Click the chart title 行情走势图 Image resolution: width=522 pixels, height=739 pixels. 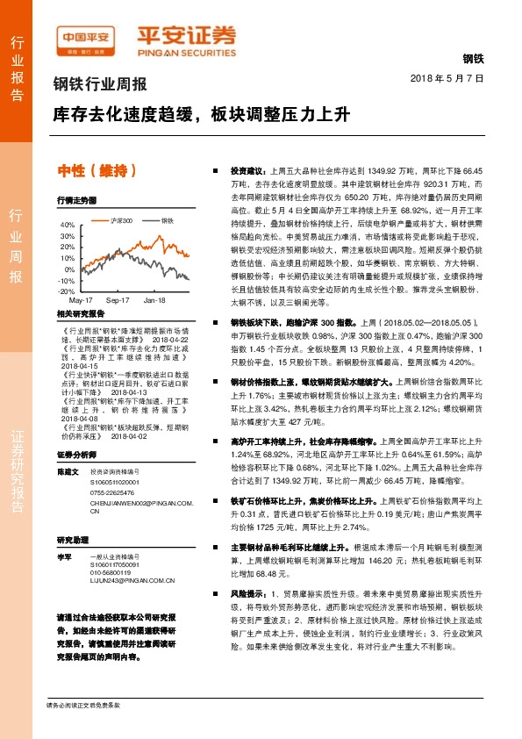pos(75,201)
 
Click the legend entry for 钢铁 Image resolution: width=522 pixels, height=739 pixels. pos(166,220)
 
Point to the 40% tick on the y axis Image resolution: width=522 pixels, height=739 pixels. pos(67,225)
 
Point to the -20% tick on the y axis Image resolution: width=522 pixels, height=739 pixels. pos(66,291)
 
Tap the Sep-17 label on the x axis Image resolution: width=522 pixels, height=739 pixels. pos(118,300)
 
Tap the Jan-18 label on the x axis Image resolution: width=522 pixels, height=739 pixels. pos(155,300)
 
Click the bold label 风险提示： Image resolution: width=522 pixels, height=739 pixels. pos(247,594)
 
